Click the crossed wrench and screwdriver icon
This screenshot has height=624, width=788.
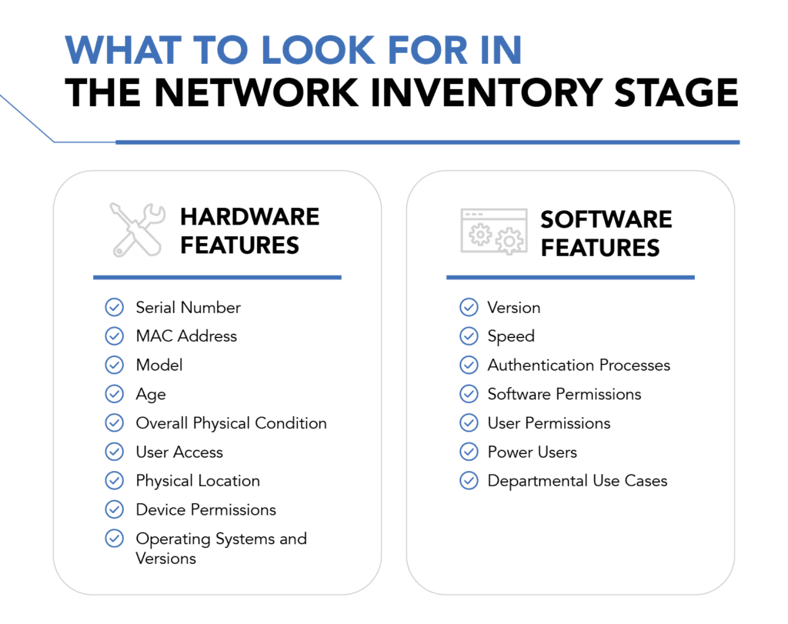pos(137,229)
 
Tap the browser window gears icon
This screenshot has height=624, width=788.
pos(494,231)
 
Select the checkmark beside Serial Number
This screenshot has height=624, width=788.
pos(115,307)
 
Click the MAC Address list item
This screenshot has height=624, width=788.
pos(186,335)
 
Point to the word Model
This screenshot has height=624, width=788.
pos(159,365)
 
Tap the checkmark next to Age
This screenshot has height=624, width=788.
pos(115,394)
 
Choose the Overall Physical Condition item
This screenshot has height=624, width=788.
pos(231,423)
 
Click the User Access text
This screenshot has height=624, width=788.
pos(179,452)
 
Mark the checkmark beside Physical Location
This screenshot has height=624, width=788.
pos(115,481)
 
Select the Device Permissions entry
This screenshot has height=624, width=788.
pos(206,510)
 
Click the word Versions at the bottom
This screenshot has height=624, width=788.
pos(166,559)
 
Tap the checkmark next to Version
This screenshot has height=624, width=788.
pos(469,307)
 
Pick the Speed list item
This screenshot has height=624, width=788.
pos(511,336)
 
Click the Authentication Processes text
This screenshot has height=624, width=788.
pos(579,365)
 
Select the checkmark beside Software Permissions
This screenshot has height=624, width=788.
pos(469,394)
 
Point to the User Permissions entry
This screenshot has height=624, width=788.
pos(549,423)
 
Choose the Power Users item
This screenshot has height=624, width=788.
pos(533,452)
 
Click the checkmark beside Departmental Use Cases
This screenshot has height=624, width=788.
pos(469,481)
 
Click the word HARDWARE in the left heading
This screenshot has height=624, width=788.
pos(250,217)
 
